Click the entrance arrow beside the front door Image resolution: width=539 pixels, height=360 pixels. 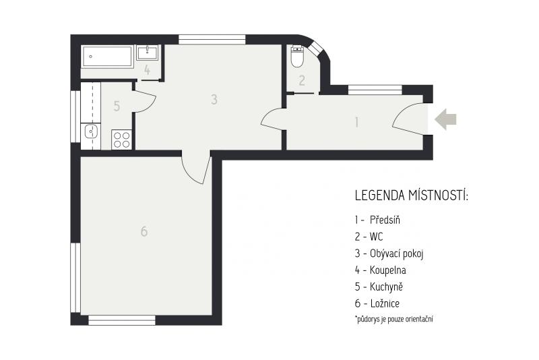click(445, 119)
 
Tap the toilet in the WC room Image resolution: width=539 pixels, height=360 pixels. click(297, 57)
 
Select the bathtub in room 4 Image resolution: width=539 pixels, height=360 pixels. click(107, 57)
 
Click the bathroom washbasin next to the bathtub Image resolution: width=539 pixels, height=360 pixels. click(148, 53)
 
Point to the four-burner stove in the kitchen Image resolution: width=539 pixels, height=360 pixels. click(122, 140)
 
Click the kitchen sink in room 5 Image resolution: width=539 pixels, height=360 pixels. click(91, 131)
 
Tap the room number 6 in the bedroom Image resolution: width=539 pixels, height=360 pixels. click(144, 231)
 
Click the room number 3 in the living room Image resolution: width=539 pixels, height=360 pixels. click(214, 99)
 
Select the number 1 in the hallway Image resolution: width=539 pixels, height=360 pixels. click(357, 122)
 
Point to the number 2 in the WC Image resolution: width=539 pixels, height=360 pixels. click(302, 80)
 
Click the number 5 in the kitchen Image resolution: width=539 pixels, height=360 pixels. click(117, 107)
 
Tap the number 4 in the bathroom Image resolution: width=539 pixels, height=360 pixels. click(147, 71)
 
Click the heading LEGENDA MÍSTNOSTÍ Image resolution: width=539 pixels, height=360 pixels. click(412, 196)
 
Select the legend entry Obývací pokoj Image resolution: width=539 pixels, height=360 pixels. click(396, 253)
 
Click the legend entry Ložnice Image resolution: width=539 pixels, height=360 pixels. click(385, 303)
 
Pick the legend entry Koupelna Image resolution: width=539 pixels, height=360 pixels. click(388, 270)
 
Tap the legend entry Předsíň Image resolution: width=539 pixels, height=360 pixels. click(385, 220)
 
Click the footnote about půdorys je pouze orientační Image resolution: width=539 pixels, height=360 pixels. click(394, 319)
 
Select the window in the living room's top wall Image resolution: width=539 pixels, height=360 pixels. click(212, 40)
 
